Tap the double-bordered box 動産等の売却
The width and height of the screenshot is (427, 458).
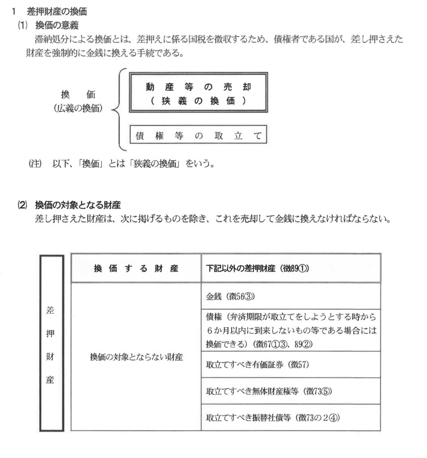198,93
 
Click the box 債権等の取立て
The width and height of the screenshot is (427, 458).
198,136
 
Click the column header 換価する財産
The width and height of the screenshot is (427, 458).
136,268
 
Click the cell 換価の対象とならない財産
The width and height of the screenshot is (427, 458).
136,357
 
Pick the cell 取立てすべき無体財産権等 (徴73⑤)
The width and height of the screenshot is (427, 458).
268,391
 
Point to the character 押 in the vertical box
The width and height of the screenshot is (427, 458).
51,333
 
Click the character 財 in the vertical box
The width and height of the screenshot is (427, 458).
51,357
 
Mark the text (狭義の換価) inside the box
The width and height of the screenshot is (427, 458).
198,102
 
